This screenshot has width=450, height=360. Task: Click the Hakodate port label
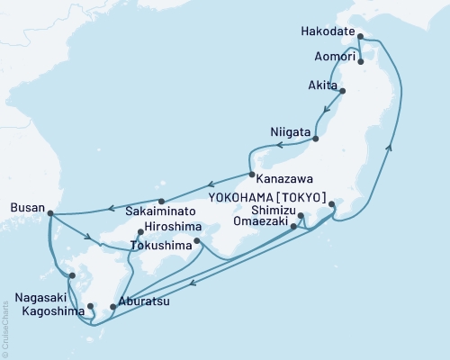328,30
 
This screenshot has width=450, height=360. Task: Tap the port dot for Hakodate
360,37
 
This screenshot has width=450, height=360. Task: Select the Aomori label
332,56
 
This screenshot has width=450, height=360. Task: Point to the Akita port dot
341,91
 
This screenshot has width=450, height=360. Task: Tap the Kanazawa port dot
252,175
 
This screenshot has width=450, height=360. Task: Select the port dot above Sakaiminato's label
161,202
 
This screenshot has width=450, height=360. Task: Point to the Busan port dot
49,213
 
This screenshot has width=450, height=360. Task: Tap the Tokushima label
162,244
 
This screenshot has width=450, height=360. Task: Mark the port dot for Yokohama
332,204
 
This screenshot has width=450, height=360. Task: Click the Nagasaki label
37,294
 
